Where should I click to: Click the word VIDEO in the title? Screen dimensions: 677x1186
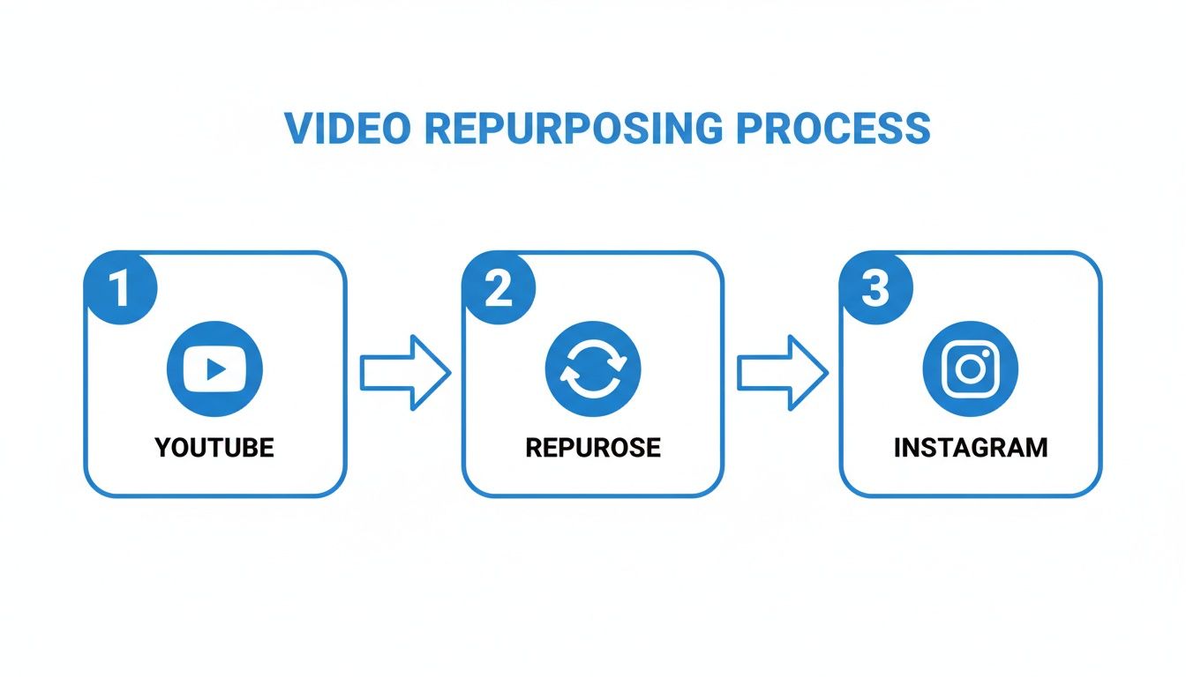[347, 129]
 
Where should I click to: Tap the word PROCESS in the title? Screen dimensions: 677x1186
[833, 129]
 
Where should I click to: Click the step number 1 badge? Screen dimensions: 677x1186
[119, 289]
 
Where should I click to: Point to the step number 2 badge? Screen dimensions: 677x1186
[498, 289]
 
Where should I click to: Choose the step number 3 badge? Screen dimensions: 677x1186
[874, 289]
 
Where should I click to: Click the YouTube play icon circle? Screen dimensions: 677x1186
[214, 368]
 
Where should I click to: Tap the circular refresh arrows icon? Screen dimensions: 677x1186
[593, 368]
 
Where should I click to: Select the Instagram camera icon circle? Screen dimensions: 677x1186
[970, 368]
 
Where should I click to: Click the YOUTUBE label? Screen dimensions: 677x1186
[214, 447]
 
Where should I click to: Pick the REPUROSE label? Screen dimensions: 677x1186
[593, 447]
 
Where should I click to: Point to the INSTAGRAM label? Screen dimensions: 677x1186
[970, 447]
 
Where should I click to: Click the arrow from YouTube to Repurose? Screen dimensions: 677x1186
[405, 373]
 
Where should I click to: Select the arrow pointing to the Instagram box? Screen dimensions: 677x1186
[782, 373]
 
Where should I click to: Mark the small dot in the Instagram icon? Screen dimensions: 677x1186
[988, 351]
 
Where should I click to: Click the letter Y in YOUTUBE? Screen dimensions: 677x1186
[163, 447]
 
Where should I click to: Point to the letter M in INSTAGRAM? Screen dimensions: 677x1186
[1037, 447]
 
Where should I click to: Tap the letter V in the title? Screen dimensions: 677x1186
[298, 129]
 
